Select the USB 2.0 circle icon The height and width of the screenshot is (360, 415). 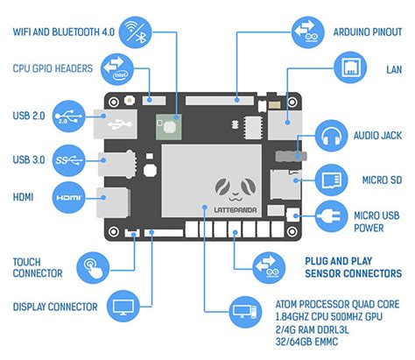point(70,115)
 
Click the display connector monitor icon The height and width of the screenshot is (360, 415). point(123,307)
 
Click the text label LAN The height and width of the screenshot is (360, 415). point(393,68)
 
